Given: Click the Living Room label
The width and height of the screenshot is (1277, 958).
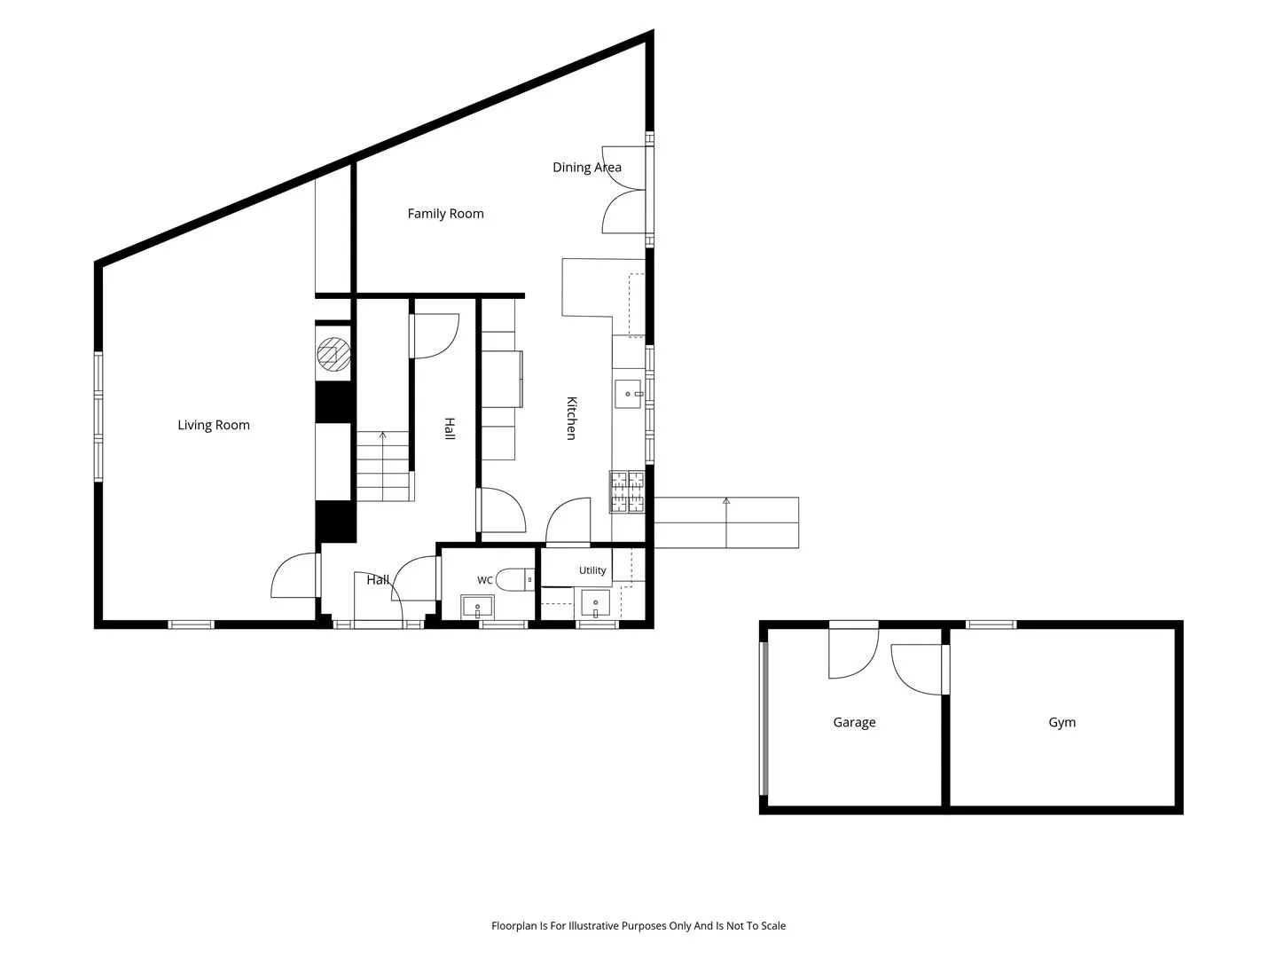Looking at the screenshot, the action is [x=214, y=425].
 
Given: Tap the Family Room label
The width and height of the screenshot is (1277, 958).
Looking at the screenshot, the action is [x=446, y=214].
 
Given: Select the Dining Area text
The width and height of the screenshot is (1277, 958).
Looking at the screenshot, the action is [x=587, y=168].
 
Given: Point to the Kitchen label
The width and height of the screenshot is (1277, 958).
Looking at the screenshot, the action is [x=572, y=418].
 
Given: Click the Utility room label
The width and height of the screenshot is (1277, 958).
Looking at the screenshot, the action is [x=592, y=570].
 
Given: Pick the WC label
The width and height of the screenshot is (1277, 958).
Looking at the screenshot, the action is [x=484, y=580].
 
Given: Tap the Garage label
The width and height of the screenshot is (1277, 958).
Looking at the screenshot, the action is [x=854, y=722].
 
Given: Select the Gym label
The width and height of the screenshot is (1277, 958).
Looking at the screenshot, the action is [x=1062, y=722].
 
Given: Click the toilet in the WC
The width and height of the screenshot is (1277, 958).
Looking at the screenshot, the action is [x=515, y=580].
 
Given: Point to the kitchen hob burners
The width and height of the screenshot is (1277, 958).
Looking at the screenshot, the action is [x=627, y=492].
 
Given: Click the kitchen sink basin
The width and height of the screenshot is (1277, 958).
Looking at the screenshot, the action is [x=629, y=394].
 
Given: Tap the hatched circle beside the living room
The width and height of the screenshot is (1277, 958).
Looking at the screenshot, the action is [x=334, y=354].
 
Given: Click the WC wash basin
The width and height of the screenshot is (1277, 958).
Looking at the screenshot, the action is [x=477, y=608].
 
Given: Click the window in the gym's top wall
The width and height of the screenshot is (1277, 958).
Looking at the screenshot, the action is [x=991, y=624].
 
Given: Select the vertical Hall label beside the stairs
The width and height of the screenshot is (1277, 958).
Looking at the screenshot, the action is [x=449, y=428].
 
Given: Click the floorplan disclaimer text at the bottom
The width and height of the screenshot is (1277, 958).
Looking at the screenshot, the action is [x=638, y=925].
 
